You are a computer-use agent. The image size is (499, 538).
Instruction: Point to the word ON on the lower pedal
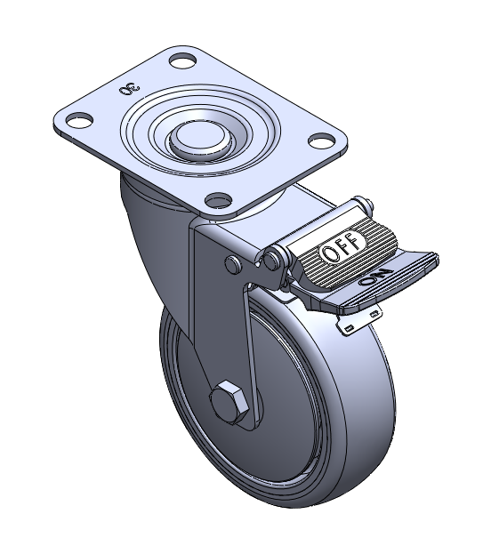coord(375,277)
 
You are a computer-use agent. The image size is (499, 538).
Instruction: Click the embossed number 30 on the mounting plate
coord(130,90)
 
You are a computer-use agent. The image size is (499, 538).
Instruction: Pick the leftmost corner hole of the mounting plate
coord(80,120)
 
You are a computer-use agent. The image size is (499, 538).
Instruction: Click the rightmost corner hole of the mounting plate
coord(322,140)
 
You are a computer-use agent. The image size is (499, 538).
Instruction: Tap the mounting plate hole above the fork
coord(218,200)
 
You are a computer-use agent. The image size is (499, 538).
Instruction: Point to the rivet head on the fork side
coord(233,264)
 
